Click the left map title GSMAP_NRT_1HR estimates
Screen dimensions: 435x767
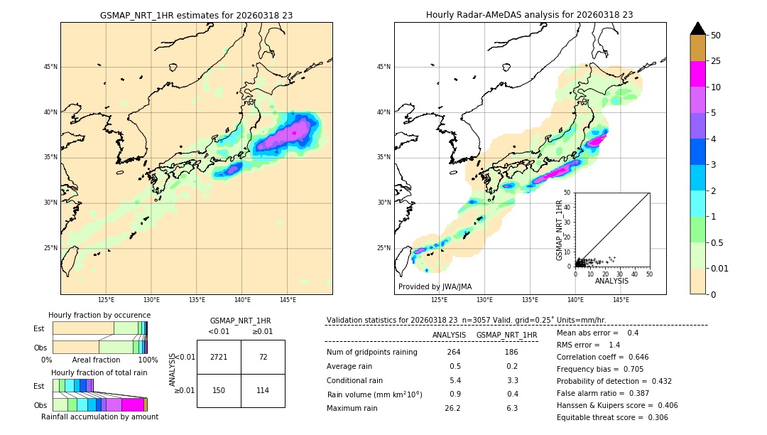196,15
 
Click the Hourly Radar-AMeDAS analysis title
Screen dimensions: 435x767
530,15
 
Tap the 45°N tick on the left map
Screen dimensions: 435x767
50,67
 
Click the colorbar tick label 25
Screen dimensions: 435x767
717,61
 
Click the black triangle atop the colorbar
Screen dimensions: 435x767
698,28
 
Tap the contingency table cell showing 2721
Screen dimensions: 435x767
219,357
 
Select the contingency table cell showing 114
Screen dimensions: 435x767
263,390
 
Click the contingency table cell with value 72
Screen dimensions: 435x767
263,357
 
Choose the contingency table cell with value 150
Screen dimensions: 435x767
219,390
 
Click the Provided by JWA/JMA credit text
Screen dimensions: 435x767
435,287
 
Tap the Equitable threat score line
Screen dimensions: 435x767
612,417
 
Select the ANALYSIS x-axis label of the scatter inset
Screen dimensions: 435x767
611,281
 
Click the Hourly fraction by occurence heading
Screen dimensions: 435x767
99,315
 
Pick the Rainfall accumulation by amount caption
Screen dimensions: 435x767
99,417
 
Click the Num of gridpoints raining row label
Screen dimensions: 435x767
371,353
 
